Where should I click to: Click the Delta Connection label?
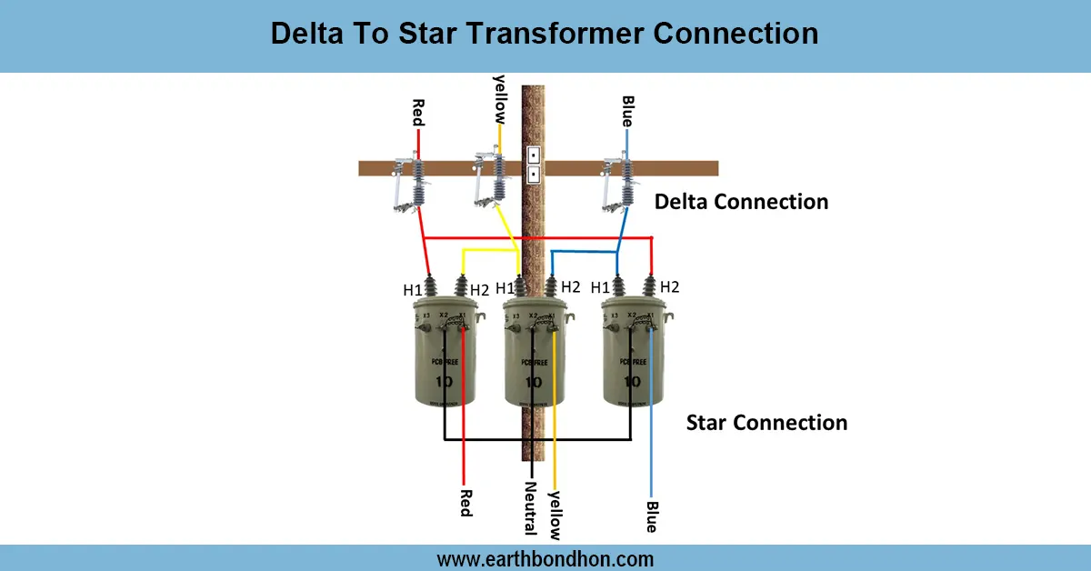tap(741, 202)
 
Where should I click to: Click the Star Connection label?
tap(766, 423)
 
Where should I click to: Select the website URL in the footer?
tap(545, 558)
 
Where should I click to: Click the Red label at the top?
tap(418, 113)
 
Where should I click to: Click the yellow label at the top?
tap(498, 98)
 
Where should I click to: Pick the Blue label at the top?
tap(627, 111)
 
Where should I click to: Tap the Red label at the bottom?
tap(465, 502)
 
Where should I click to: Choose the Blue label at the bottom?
tap(651, 516)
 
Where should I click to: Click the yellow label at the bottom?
tap(556, 515)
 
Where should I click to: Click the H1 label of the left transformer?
tap(413, 291)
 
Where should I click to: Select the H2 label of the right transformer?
tap(670, 287)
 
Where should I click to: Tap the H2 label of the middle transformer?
tap(570, 287)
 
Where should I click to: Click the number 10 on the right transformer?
tap(633, 381)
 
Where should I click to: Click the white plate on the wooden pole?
tap(534, 164)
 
